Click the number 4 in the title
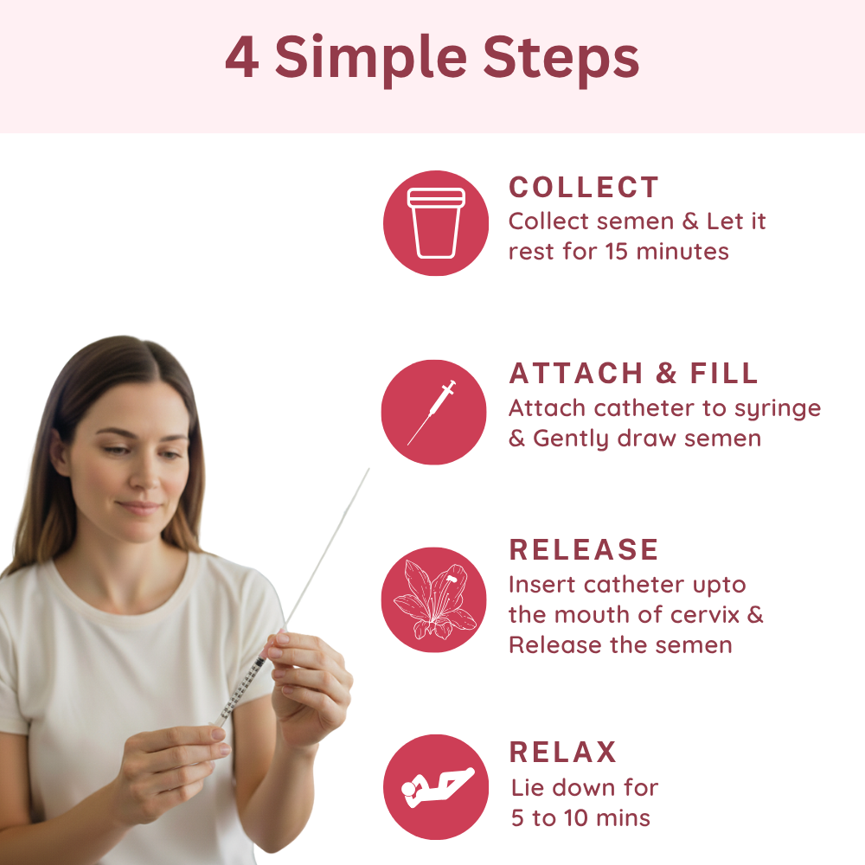coord(241,57)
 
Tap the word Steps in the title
coord(561,60)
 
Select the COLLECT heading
coord(584,187)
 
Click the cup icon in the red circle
coord(436,223)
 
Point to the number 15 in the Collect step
coord(616,252)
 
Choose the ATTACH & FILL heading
coord(633,374)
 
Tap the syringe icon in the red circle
coord(432,412)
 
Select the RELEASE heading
coord(584,549)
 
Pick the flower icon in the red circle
coord(435,599)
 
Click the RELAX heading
coord(563,752)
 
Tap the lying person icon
coord(438,787)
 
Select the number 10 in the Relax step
coord(576,818)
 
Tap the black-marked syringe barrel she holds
coord(241,689)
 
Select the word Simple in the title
coord(371,60)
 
